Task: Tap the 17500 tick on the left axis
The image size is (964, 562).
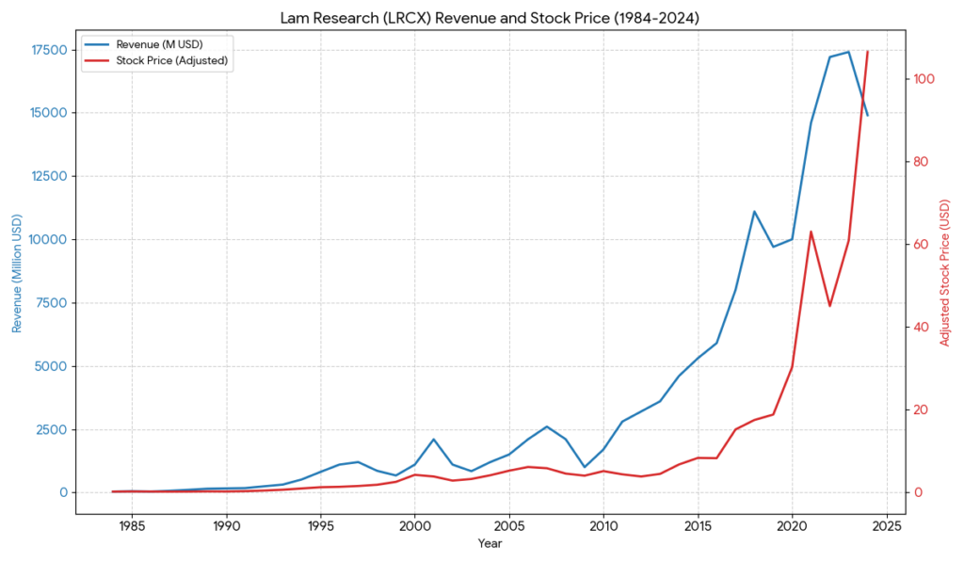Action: (46, 50)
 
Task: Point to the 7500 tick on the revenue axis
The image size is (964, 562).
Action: (49, 303)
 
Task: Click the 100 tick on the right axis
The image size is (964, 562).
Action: (919, 79)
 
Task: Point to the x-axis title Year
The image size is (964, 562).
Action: (490, 544)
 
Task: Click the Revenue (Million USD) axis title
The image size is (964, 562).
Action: (17, 274)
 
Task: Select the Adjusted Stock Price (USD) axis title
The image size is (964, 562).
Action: (945, 273)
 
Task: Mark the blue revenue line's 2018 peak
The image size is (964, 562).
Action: (754, 212)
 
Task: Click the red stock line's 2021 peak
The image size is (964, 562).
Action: (811, 232)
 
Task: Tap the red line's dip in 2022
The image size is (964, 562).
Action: (829, 306)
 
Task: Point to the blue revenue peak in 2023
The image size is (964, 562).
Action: (848, 52)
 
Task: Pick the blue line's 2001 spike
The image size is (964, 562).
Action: (433, 440)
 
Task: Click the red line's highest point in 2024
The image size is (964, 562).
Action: (867, 51)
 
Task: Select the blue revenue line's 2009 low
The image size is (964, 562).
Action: (585, 467)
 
